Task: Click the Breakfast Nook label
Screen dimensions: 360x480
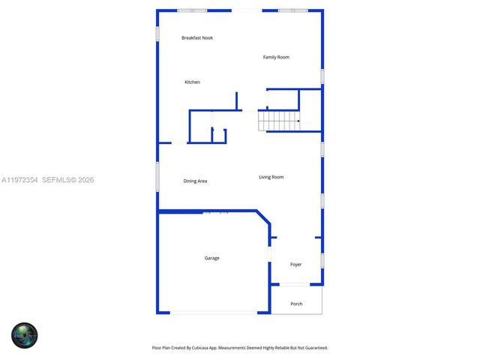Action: point(197,37)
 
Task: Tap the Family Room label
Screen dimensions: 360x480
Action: point(276,57)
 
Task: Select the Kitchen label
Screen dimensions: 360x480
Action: point(193,82)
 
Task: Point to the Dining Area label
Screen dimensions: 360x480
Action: point(195,181)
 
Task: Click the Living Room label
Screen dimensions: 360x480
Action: point(271,177)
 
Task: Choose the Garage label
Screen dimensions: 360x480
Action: point(212,258)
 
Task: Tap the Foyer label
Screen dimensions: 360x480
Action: point(296,264)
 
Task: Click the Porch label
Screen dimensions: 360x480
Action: point(296,304)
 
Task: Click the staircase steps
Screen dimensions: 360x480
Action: point(279,121)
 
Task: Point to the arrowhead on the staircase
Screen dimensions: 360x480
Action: point(298,121)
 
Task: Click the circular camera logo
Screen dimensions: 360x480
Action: point(24,335)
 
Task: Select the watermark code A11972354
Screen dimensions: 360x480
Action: point(19,180)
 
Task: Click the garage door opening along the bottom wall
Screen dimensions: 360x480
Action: point(213,313)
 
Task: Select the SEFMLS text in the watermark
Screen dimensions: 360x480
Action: point(57,180)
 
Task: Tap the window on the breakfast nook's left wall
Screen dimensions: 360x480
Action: point(157,34)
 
